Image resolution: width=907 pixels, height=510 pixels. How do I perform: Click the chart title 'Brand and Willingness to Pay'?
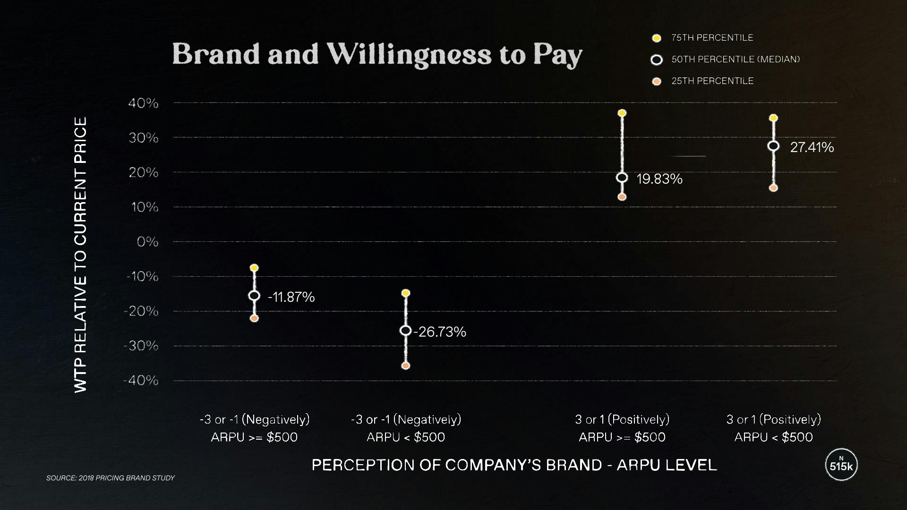pyautogui.click(x=377, y=54)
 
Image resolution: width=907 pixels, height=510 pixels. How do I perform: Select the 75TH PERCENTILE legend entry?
pyautogui.click(x=712, y=38)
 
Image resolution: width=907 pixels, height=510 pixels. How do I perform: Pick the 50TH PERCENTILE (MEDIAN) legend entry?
pyautogui.click(x=735, y=59)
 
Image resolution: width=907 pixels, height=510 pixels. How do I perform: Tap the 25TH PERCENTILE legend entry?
pyautogui.click(x=712, y=81)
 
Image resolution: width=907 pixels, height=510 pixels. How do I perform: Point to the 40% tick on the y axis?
pyautogui.click(x=144, y=103)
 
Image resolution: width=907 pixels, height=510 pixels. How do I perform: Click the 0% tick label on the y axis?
pyautogui.click(x=147, y=242)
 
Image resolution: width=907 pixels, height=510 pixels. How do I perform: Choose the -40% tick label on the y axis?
pyautogui.click(x=141, y=381)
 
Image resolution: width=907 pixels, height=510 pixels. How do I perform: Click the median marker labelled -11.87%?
pyautogui.click(x=254, y=296)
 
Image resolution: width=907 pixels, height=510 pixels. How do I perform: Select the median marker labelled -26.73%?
pyautogui.click(x=405, y=331)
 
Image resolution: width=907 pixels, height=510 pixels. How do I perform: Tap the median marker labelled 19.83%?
pyautogui.click(x=622, y=178)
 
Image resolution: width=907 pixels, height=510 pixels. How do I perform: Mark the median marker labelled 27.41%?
pyautogui.click(x=773, y=146)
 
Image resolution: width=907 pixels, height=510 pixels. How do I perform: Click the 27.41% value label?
pyautogui.click(x=812, y=147)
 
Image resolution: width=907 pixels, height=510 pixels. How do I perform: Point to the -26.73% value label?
pyautogui.click(x=440, y=332)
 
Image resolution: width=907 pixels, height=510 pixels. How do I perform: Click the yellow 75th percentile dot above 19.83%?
pyautogui.click(x=622, y=113)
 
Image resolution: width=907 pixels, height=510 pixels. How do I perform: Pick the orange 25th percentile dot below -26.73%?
pyautogui.click(x=405, y=365)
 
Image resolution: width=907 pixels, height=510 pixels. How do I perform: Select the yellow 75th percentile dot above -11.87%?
pyautogui.click(x=254, y=268)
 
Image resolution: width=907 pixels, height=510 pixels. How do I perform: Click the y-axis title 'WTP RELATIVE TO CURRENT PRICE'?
pyautogui.click(x=81, y=255)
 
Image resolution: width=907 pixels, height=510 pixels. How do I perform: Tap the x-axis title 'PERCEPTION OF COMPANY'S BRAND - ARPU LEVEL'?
pyautogui.click(x=514, y=465)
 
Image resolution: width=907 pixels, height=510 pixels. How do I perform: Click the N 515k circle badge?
pyautogui.click(x=841, y=465)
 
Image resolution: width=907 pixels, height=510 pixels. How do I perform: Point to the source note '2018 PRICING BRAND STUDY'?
pyautogui.click(x=111, y=478)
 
